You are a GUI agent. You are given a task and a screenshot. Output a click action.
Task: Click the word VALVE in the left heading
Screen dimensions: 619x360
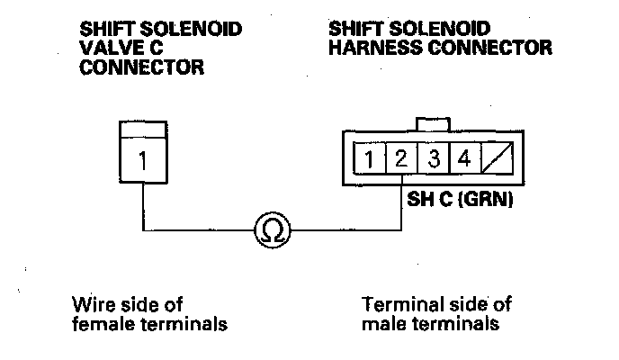[106, 49]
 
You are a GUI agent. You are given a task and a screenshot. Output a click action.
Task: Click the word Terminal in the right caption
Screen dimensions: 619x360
[397, 304]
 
